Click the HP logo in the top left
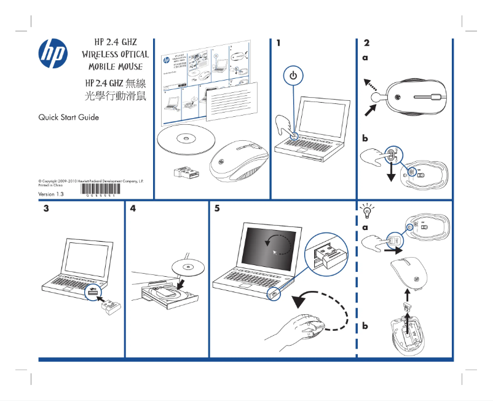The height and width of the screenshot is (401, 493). click(54, 54)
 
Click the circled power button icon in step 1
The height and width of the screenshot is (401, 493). click(293, 76)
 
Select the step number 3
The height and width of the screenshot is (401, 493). click(46, 209)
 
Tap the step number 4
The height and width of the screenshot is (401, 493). click(133, 209)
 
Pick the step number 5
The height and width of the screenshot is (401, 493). click(217, 209)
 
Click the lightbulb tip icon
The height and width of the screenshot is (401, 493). click(368, 211)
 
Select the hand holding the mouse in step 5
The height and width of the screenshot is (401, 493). click(307, 329)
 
